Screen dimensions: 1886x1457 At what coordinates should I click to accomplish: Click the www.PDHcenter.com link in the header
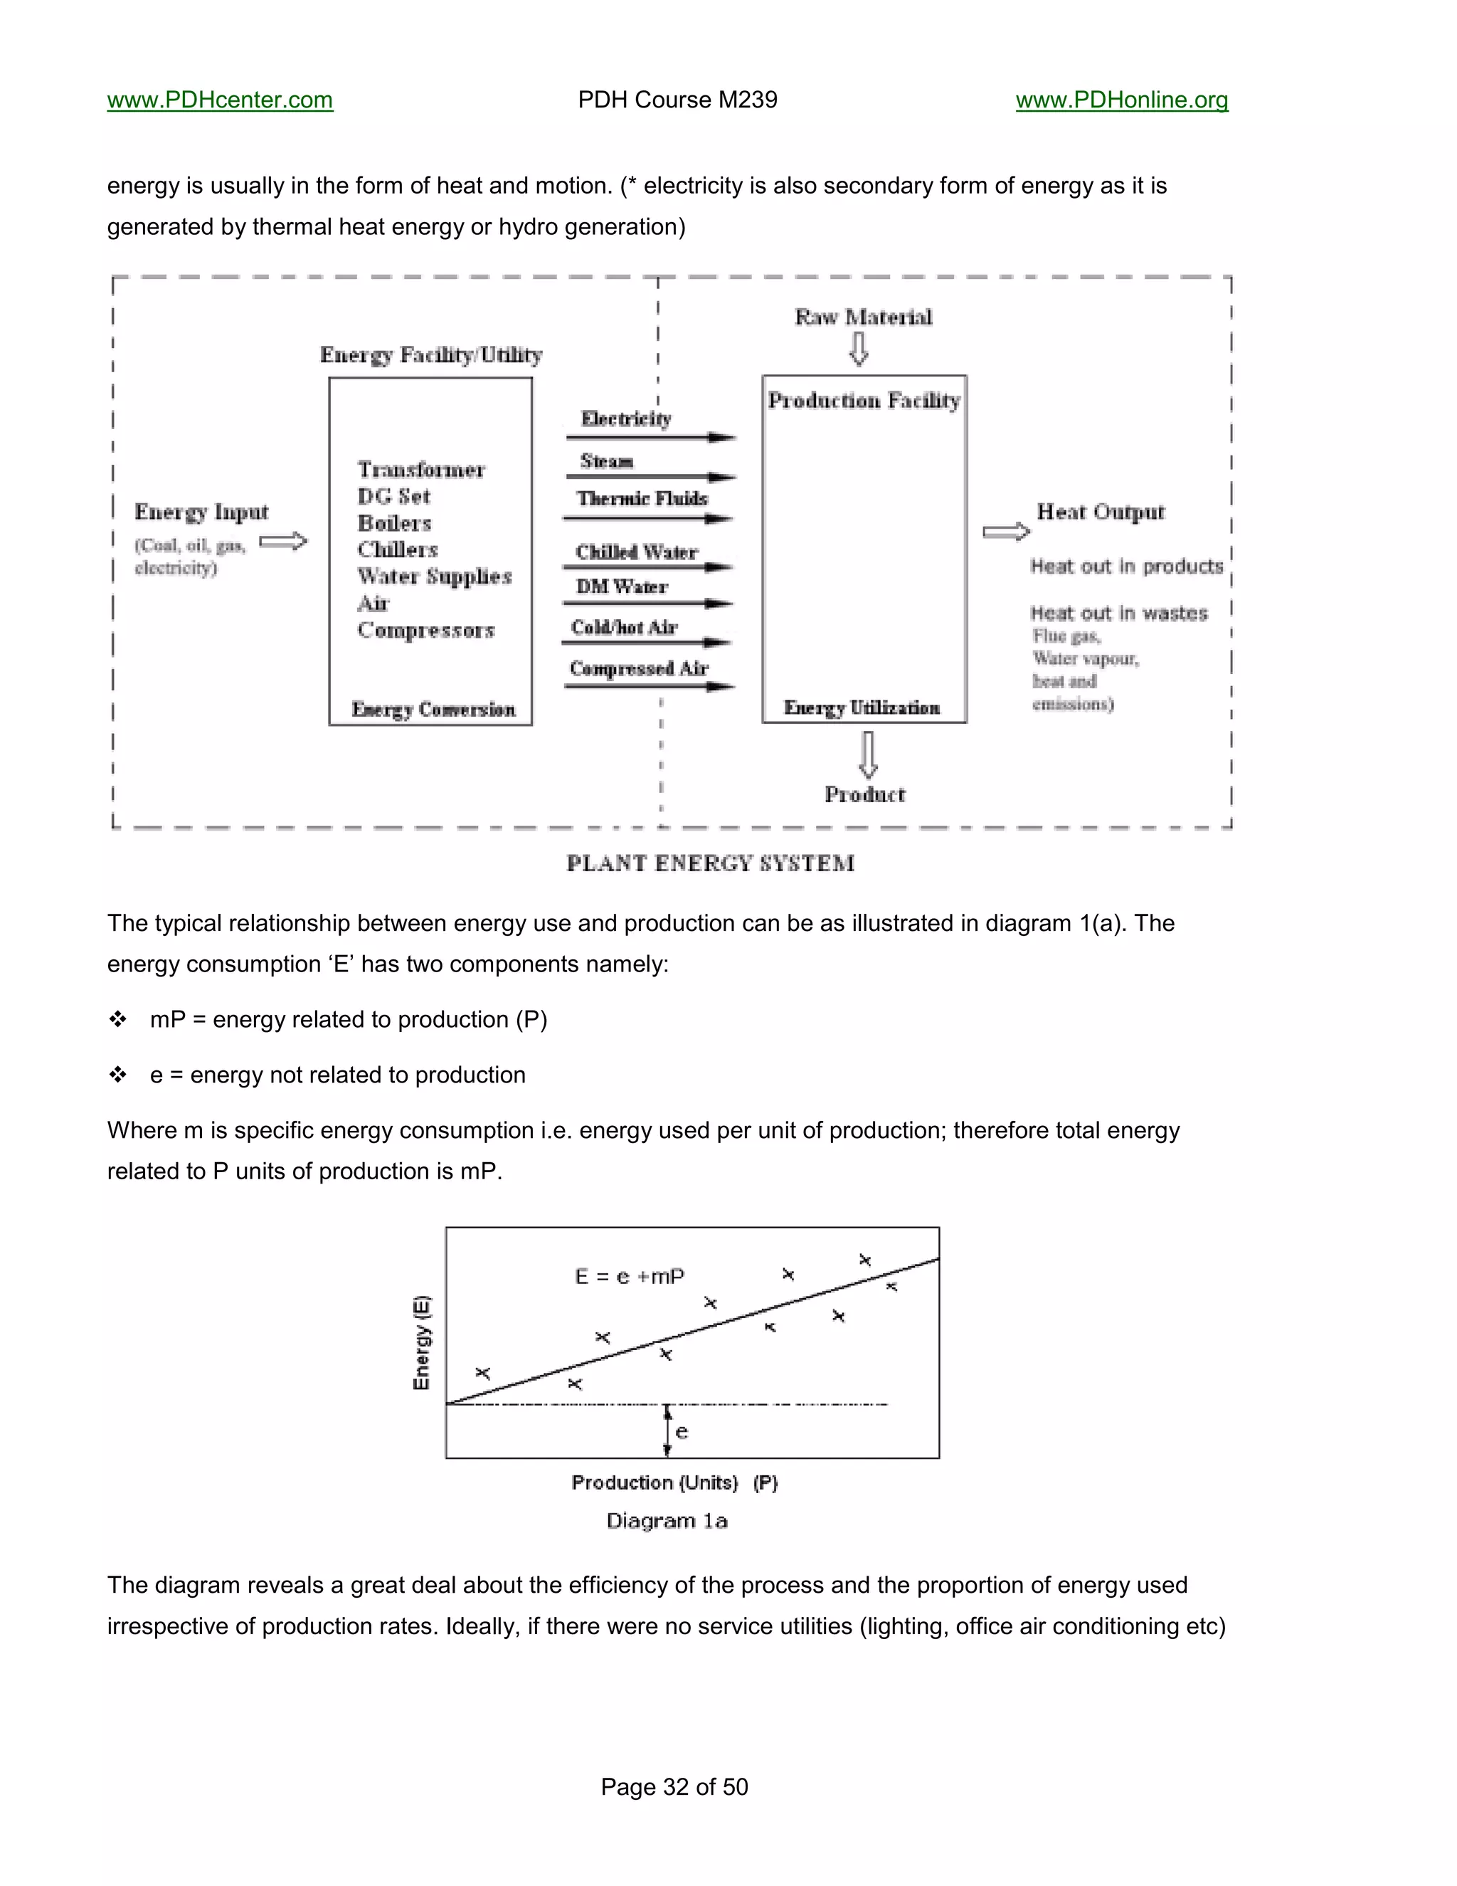(220, 100)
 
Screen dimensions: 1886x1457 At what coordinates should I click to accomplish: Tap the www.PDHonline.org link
(1121, 100)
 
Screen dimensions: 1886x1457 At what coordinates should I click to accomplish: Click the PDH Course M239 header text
(677, 100)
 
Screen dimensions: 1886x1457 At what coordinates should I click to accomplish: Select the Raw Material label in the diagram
(863, 318)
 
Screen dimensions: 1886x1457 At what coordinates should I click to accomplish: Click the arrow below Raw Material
(859, 349)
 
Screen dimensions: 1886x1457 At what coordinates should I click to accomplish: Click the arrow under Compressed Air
(649, 687)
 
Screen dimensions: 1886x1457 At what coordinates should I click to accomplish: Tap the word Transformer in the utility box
(421, 470)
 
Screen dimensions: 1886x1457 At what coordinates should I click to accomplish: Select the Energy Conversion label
(433, 710)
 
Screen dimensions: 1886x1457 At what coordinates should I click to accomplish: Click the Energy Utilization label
(862, 708)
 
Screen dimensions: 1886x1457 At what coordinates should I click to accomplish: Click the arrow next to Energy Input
(283, 542)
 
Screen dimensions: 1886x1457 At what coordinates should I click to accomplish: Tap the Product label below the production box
(865, 794)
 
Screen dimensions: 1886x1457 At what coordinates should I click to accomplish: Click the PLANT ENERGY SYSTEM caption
(711, 863)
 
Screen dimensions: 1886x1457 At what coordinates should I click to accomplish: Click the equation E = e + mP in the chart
(629, 1276)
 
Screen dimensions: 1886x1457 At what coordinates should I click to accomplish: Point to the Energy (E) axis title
(421, 1343)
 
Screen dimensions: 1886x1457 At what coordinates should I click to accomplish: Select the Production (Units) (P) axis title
(674, 1482)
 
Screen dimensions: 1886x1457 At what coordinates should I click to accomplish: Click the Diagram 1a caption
(667, 1521)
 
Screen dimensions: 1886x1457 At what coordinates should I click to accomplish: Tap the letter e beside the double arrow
(682, 1433)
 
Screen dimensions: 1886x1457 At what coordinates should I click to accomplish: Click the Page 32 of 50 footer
(674, 1786)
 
